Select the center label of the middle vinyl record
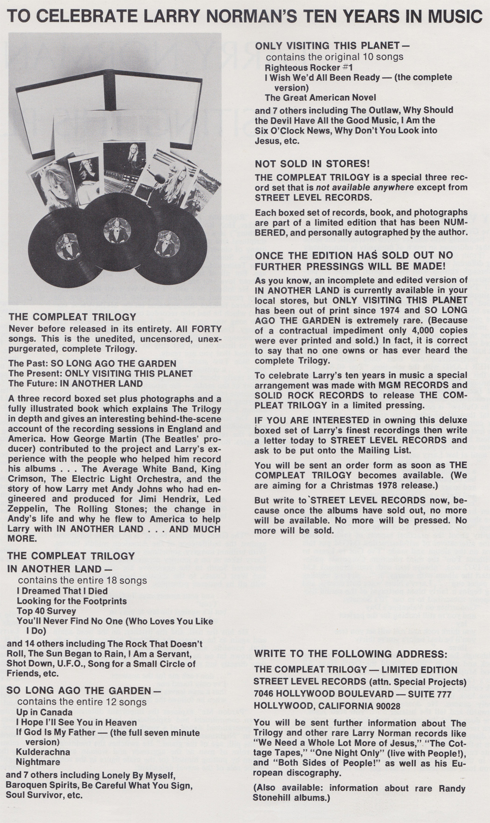click(x=117, y=229)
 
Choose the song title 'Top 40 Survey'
click(x=46, y=611)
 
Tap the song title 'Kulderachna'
click(x=43, y=752)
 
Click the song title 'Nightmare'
click(x=38, y=762)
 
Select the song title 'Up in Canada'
click(x=44, y=712)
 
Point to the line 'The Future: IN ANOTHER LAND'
click(x=76, y=384)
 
